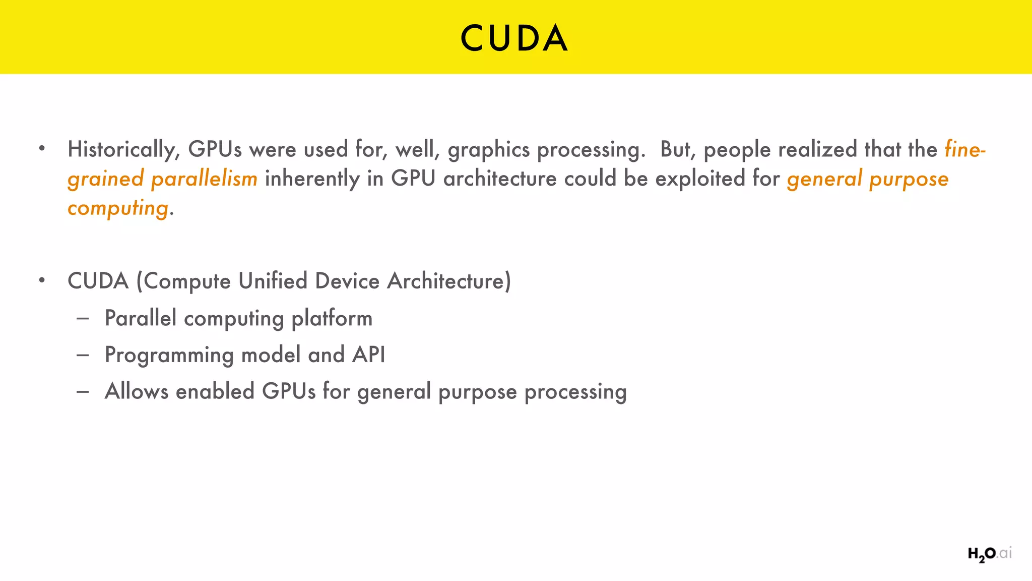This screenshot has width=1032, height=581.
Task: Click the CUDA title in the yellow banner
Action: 514,38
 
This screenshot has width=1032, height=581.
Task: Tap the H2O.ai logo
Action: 989,554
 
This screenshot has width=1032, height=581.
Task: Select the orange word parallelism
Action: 204,179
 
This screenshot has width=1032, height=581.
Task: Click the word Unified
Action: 273,281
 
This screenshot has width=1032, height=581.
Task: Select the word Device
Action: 347,281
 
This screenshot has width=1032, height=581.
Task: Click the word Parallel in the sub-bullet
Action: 141,318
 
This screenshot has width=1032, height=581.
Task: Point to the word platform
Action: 332,318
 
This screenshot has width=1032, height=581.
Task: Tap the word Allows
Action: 137,391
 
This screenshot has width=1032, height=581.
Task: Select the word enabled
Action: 215,391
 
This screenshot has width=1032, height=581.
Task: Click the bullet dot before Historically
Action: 42,149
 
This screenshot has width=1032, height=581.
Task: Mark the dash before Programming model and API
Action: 83,355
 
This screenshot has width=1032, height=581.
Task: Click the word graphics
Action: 489,150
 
